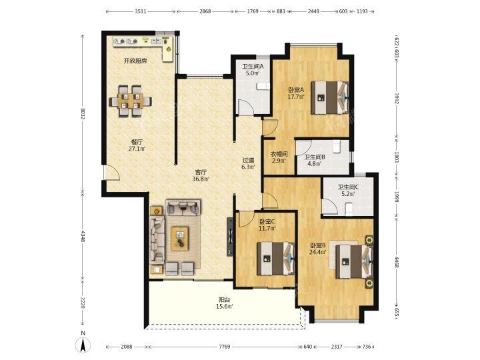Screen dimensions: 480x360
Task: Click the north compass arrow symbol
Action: (83, 345)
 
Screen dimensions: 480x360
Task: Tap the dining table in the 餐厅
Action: (131, 101)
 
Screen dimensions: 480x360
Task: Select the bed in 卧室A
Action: (330, 97)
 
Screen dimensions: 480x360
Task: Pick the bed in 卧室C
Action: (275, 259)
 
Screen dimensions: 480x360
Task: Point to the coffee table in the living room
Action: (180, 239)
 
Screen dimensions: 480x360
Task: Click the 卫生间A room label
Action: (253, 66)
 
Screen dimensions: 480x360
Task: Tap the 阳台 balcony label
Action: (225, 300)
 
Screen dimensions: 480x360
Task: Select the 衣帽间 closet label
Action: (279, 154)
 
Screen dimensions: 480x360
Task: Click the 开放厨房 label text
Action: (135, 61)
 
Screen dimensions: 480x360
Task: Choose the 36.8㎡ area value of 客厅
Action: (201, 179)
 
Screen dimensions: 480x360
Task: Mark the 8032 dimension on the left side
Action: (83, 114)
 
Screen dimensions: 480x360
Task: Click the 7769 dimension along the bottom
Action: (225, 347)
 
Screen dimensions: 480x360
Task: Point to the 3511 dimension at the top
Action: (141, 11)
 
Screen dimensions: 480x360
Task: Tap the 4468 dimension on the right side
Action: (396, 263)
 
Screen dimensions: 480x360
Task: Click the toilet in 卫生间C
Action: (349, 210)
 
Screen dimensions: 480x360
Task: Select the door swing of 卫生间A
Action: (246, 107)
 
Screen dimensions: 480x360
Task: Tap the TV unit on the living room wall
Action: (229, 237)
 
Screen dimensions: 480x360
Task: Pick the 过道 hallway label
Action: (248, 160)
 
